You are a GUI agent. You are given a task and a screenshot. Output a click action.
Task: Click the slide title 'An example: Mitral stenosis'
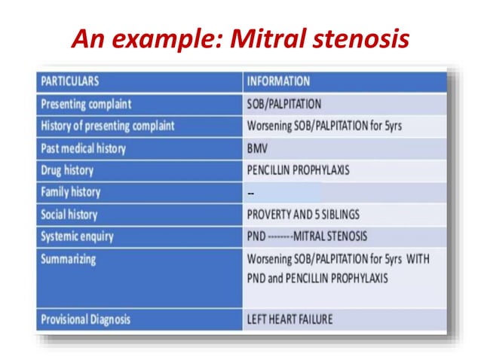(x=240, y=38)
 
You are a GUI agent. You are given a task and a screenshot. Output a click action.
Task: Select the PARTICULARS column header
(x=70, y=81)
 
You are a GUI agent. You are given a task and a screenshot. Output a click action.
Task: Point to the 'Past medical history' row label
(x=83, y=148)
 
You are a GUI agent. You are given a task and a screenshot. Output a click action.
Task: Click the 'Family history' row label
(x=71, y=192)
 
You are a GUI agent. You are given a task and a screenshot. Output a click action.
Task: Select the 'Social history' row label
(x=69, y=215)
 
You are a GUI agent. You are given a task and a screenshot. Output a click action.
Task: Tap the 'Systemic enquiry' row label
(x=78, y=236)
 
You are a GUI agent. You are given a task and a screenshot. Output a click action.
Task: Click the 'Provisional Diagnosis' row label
(x=86, y=319)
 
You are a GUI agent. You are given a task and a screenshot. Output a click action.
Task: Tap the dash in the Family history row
(x=251, y=193)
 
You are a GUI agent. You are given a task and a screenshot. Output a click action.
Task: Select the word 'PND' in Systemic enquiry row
(x=257, y=236)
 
